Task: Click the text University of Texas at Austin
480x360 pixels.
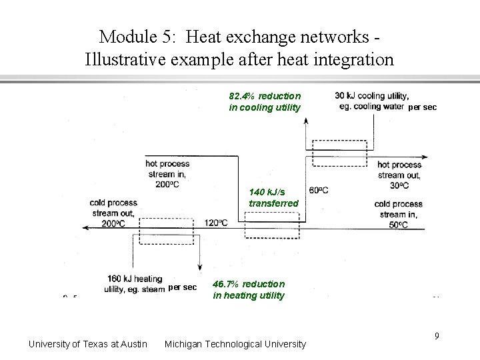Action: (x=88, y=344)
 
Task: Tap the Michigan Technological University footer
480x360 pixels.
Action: (x=235, y=344)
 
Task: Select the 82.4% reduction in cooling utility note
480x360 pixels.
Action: (x=265, y=102)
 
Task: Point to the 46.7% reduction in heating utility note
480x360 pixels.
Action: (x=249, y=289)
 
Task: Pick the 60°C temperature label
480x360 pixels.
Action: (x=318, y=191)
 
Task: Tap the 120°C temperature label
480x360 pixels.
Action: (x=216, y=222)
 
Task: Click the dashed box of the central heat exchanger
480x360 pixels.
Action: (x=272, y=225)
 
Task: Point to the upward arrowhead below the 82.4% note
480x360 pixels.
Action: (x=305, y=120)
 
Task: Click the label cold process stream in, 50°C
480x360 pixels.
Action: (x=398, y=215)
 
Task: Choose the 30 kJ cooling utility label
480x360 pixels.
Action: (x=371, y=100)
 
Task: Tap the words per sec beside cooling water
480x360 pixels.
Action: (x=423, y=107)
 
